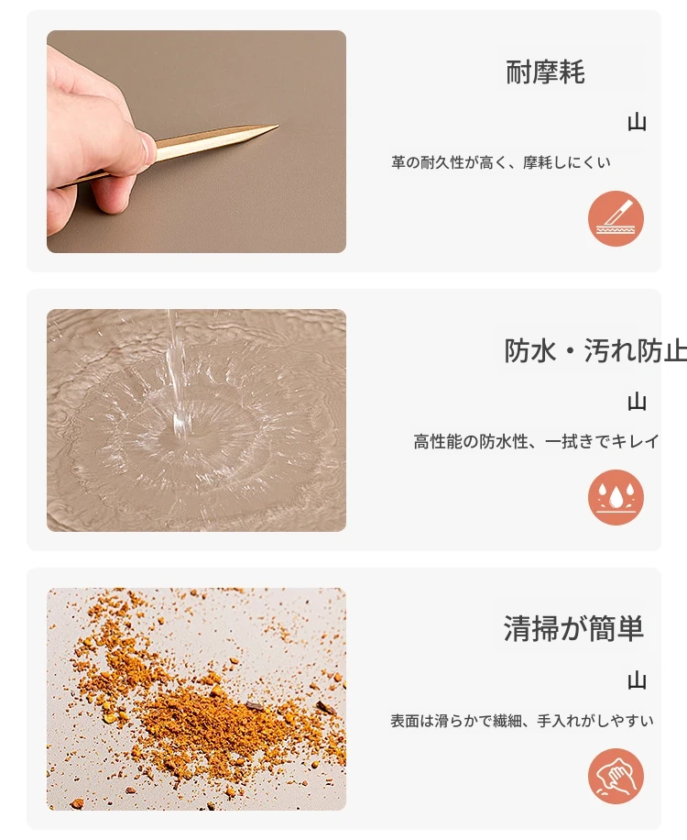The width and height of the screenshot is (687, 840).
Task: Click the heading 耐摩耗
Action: tap(545, 72)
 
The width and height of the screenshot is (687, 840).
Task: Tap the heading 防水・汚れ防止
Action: tap(595, 351)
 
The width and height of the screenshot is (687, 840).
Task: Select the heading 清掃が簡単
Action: tap(573, 629)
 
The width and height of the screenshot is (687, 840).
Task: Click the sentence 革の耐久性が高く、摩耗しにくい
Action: tap(500, 162)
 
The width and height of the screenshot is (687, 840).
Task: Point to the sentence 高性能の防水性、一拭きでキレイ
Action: tap(536, 441)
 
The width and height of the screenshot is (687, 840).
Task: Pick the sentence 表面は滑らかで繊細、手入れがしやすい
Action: tap(522, 721)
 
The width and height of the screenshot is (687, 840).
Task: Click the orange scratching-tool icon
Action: tap(616, 218)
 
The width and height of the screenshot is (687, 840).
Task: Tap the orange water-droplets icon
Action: tap(616, 497)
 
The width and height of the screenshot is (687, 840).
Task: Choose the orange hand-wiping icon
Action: tap(616, 776)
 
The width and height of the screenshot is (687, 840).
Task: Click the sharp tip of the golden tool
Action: tap(278, 127)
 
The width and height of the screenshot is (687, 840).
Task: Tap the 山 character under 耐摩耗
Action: tap(637, 123)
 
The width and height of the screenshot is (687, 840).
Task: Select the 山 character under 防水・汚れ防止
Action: tap(637, 402)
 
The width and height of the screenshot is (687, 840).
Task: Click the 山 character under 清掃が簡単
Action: tap(637, 680)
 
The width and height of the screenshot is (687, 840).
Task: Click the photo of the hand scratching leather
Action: tap(196, 141)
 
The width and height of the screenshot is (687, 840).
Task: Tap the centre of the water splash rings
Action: tap(182, 428)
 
